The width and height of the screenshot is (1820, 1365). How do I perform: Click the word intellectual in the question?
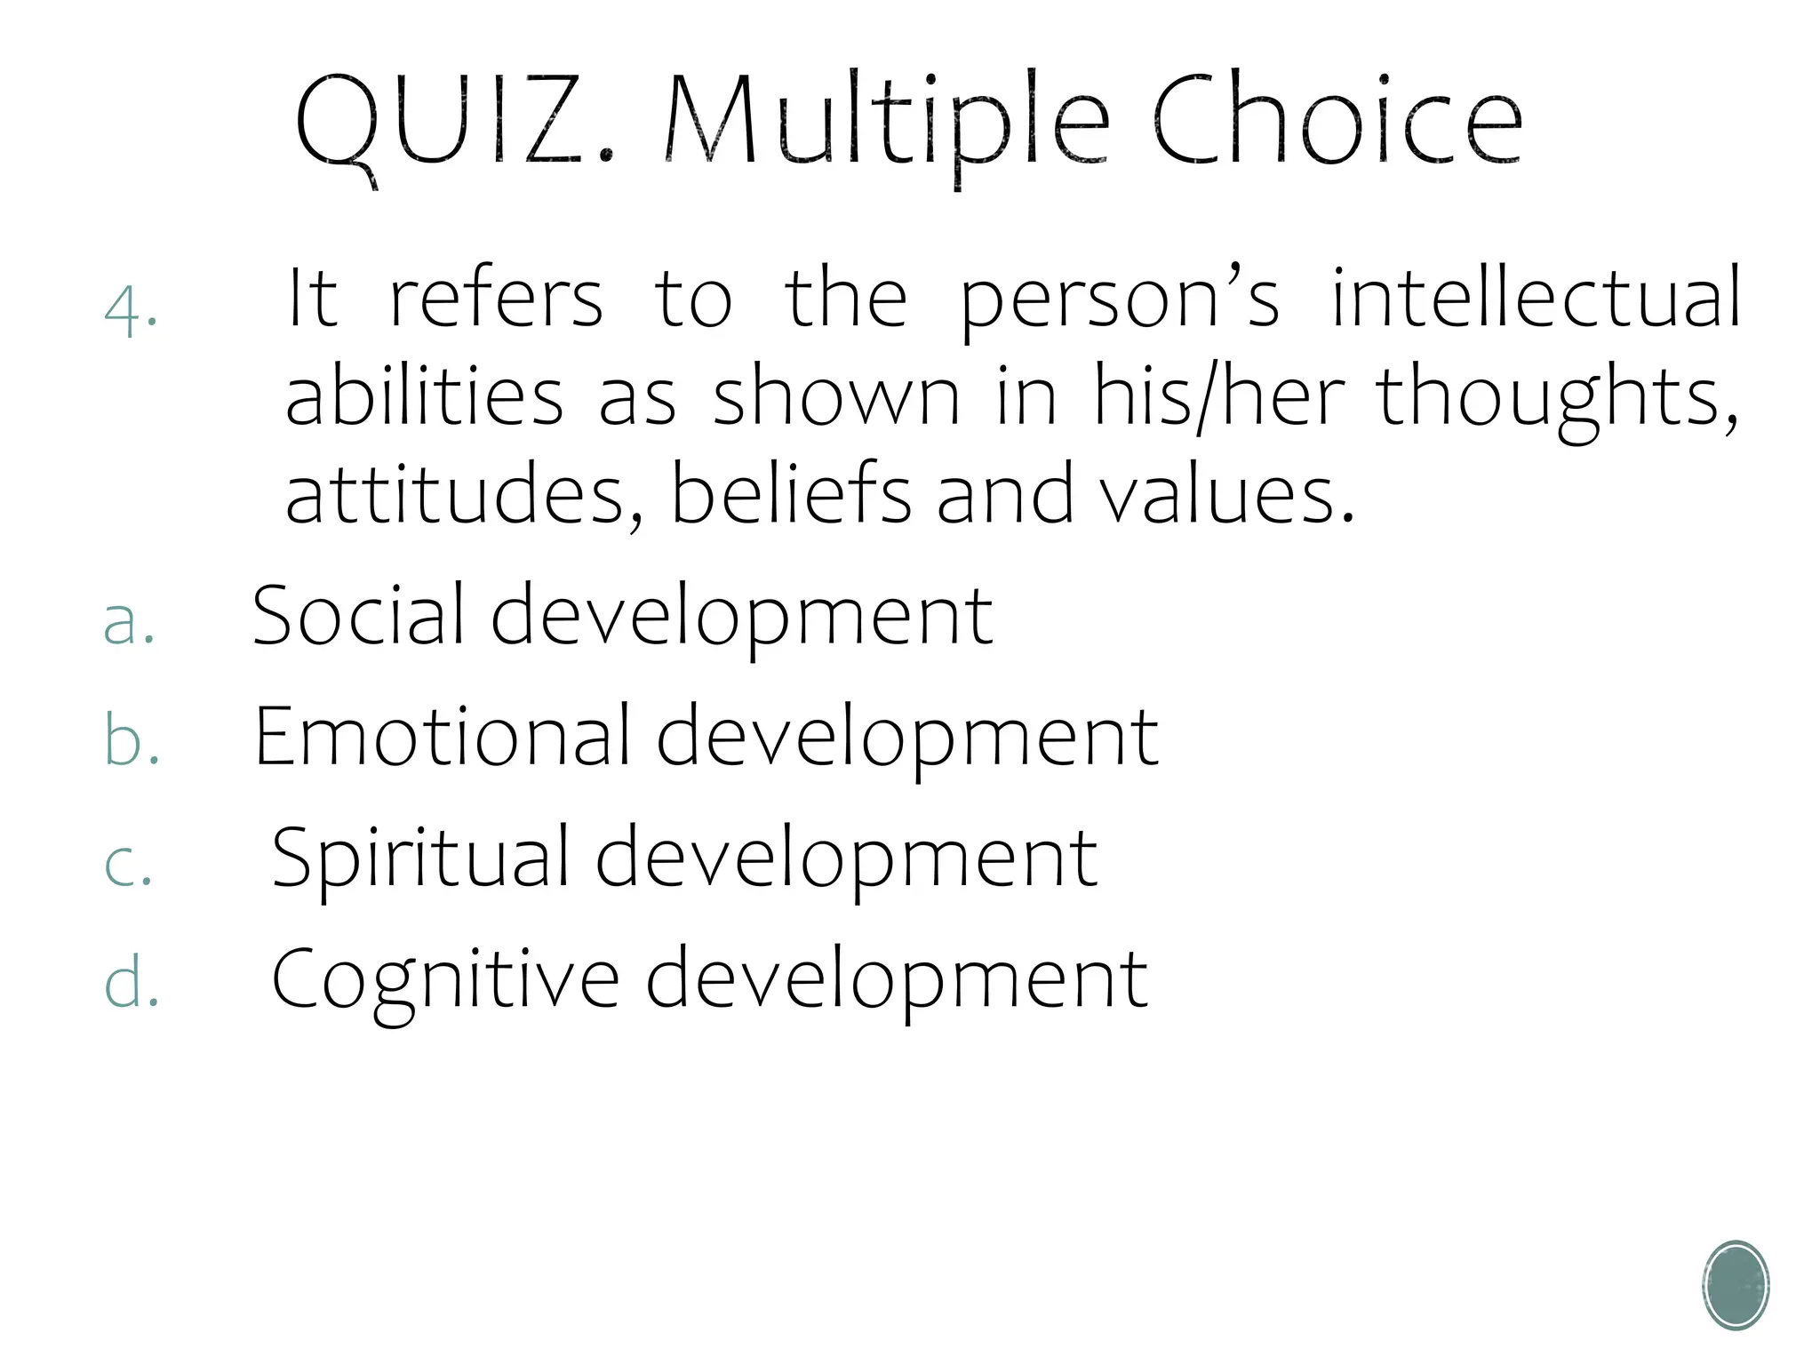tap(1536, 299)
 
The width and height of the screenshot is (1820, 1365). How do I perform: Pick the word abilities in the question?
tap(424, 396)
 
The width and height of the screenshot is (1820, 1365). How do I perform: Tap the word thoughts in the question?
tap(1556, 396)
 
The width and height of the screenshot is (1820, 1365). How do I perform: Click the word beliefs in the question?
tap(791, 494)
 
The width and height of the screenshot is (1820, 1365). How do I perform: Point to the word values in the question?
tap(1226, 494)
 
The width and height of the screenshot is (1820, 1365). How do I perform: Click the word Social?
tap(358, 615)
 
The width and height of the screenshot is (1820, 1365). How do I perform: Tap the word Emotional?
tap(442, 737)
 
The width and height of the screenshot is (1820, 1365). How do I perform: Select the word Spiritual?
tap(419, 858)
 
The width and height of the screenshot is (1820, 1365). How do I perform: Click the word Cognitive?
tap(444, 979)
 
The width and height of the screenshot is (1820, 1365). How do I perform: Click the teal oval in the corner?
tap(1736, 1285)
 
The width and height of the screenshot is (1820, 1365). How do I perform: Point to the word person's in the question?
tap(1120, 300)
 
